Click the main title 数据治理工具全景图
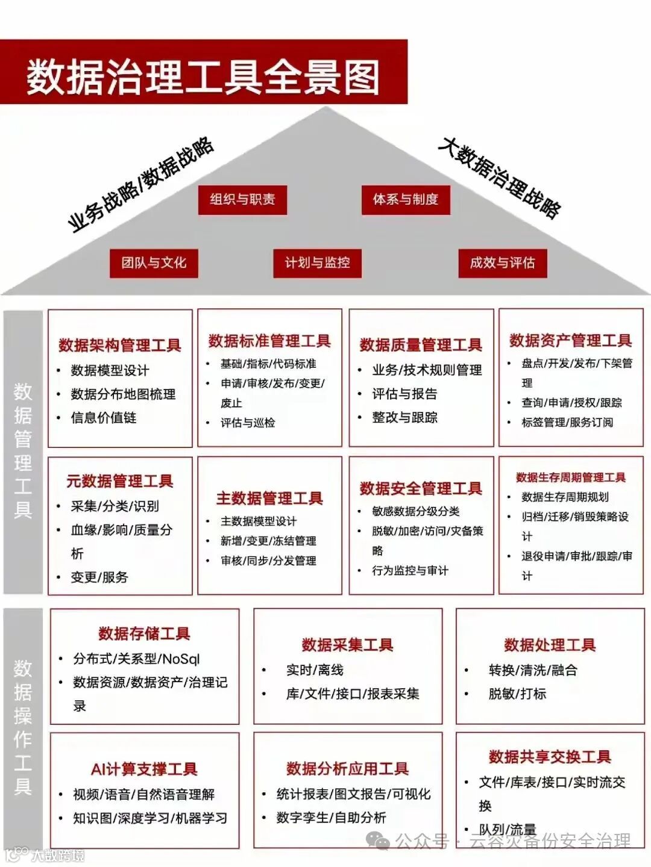[x=203, y=76]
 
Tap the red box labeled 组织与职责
[x=242, y=199]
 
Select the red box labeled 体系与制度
[x=406, y=199]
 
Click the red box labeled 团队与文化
[x=154, y=263]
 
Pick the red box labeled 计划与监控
[x=317, y=263]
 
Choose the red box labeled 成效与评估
[x=502, y=263]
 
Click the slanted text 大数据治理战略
[x=500, y=177]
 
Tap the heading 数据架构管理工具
[x=120, y=345]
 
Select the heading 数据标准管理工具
[x=269, y=341]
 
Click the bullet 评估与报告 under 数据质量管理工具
[x=404, y=394]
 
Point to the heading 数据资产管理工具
[x=570, y=341]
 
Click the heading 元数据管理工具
[x=120, y=481]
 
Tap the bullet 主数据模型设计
[x=259, y=521]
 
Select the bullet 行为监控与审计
[x=410, y=570]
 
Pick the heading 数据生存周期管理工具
[x=570, y=477]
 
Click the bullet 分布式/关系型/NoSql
[x=136, y=659]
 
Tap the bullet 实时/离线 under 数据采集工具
[x=315, y=670]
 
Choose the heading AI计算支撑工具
[x=144, y=769]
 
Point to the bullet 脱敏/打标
[x=517, y=694]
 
